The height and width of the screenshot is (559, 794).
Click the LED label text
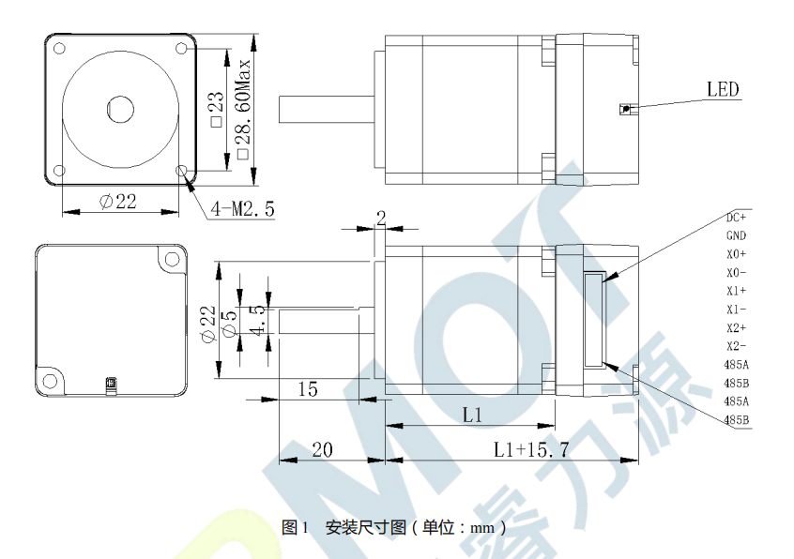pos(723,89)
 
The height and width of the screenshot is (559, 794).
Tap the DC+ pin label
pos(736,218)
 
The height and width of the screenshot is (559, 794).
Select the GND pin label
pos(736,235)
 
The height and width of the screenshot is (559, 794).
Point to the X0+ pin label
pos(736,254)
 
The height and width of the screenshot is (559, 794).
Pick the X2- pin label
pos(736,346)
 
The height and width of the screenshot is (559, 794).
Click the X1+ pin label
pos(736,291)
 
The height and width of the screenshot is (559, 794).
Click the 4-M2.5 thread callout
pos(242,208)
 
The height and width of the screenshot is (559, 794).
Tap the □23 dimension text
pos(216,110)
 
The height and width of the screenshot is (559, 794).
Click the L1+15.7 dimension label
pos(531,449)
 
